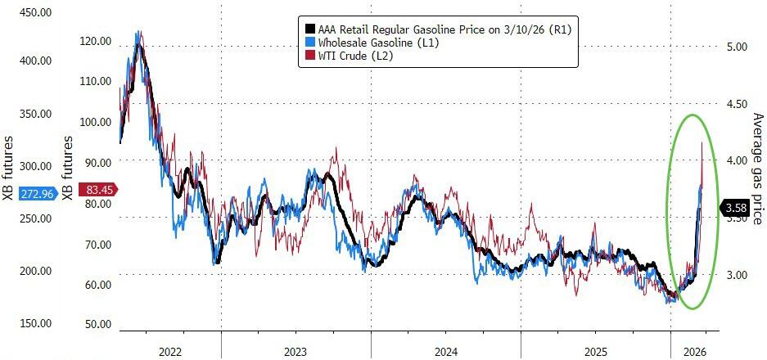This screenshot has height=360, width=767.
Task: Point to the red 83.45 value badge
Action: point(102,190)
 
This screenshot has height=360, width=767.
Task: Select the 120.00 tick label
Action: point(96,40)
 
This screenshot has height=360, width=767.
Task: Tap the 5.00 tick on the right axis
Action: point(738,47)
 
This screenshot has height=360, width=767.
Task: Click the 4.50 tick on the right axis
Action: point(738,103)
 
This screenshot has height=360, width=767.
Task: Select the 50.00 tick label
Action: point(98,325)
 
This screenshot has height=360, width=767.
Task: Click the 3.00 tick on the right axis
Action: point(738,275)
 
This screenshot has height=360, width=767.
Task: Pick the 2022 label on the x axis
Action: point(170,351)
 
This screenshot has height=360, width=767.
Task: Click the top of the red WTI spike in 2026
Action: point(702,143)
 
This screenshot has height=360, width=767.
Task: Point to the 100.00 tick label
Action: point(96,122)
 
